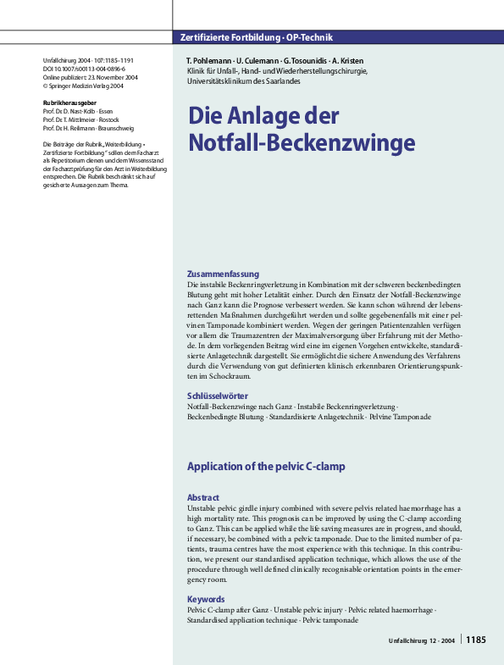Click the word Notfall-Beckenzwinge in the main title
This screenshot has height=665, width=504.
[x=289, y=141]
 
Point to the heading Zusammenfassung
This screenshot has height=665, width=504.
[x=223, y=274]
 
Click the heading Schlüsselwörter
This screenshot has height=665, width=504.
[x=217, y=396]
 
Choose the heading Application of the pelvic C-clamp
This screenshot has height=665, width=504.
[x=265, y=467]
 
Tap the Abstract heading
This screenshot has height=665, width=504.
[x=203, y=497]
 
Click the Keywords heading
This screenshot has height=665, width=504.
[x=207, y=598]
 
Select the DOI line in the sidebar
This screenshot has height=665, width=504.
[x=83, y=69]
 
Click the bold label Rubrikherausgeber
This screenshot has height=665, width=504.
[x=69, y=102]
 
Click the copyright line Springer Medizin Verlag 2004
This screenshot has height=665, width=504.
[x=85, y=85]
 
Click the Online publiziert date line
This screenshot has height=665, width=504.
[x=89, y=77]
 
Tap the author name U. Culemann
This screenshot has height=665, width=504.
[x=252, y=62]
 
